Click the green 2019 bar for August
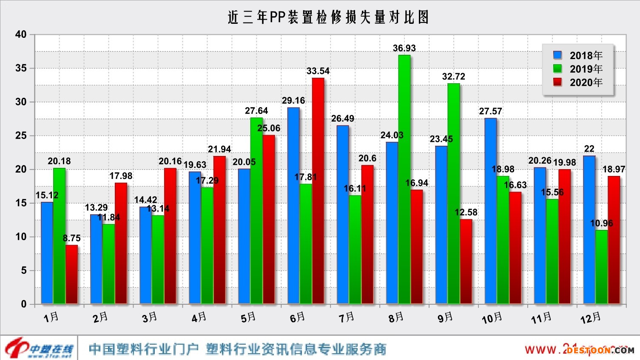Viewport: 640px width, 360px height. coord(404,179)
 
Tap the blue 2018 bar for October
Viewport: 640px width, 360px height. coord(490,210)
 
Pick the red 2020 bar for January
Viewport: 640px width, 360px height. coord(72,274)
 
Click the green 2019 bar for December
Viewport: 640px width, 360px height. coord(602,266)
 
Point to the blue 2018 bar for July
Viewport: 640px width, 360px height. coord(343,214)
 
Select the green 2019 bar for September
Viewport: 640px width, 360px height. coord(454,193)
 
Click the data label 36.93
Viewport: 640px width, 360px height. coord(404,48)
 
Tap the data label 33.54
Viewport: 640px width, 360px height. coord(318,71)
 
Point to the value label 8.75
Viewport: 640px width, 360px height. coord(72,238)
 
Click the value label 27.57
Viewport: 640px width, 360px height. coord(490,111)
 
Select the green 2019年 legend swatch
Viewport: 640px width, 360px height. coord(558,69)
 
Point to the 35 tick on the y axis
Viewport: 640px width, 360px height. coord(21,68)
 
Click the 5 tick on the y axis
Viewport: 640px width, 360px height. coord(24,270)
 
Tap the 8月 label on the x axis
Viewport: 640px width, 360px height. coord(396,317)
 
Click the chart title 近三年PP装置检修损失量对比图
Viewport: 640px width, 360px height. coord(328,17)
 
